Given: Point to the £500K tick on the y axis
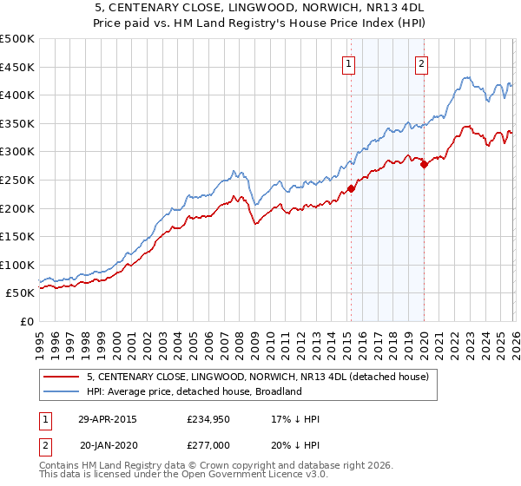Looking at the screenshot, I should point(17,39).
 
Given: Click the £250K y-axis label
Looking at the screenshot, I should point(17,180).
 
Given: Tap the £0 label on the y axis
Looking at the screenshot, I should point(26,321).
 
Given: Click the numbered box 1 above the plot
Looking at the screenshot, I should point(348,62).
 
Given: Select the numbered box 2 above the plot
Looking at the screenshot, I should point(421,62).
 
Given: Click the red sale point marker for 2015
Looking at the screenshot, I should point(351,188).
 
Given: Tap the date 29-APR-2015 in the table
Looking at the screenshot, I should point(108,419).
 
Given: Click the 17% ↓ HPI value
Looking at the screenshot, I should point(295,419).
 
